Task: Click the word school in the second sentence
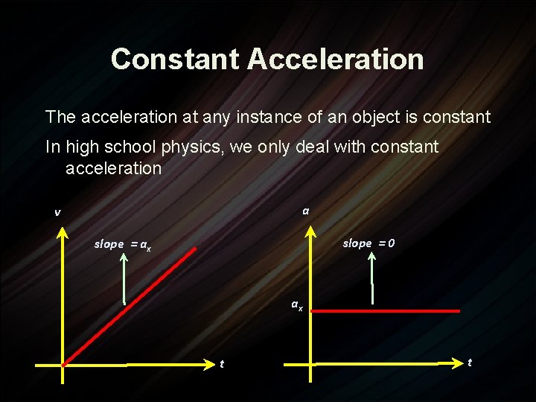click(125, 147)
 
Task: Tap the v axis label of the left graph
click(57, 213)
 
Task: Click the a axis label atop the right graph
click(306, 211)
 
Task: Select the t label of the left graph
click(221, 364)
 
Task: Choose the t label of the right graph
click(469, 362)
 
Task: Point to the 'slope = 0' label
click(368, 243)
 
